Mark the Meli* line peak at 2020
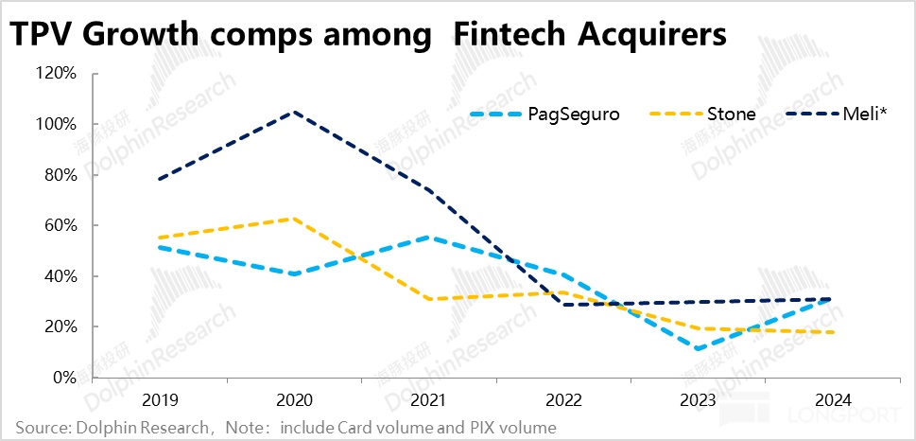(x=296, y=112)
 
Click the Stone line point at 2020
(x=296, y=219)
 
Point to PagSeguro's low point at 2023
(x=698, y=349)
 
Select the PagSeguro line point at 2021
(x=430, y=238)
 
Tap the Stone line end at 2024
(x=831, y=332)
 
